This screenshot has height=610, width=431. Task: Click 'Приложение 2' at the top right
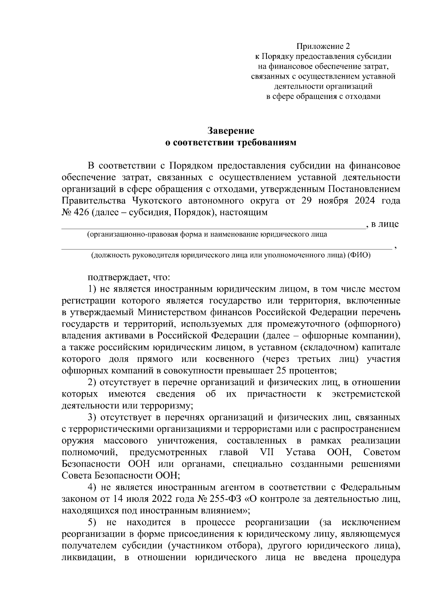[323, 46]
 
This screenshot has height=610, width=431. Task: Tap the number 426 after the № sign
[83, 212]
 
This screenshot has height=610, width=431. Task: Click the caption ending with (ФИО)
[230, 255]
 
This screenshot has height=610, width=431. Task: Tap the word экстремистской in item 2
[366, 394]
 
